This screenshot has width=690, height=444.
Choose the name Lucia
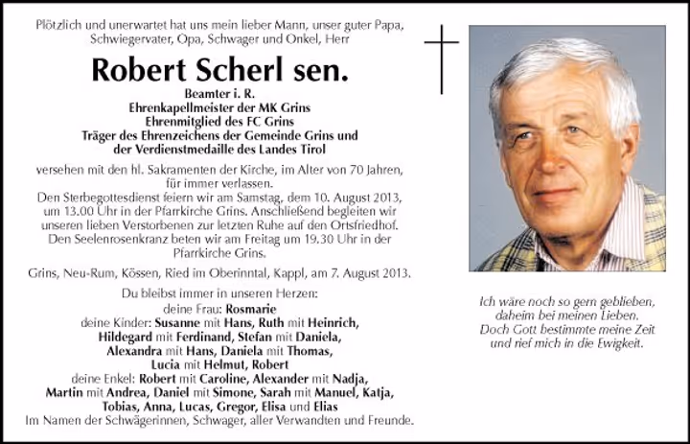pos(169,364)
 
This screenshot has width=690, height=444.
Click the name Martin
pos(64,392)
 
